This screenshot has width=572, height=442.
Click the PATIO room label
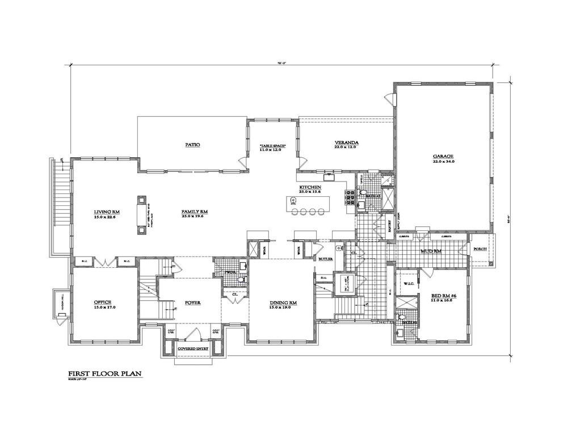pos(193,145)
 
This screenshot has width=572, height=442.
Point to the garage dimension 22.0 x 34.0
pos(443,162)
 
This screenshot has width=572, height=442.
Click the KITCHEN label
pos(310,187)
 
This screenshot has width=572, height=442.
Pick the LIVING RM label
pos(106,212)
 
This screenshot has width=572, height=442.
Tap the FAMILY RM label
pos(195,211)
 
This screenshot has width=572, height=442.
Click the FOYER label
pos(194,302)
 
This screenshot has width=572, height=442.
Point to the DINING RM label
pos(284,303)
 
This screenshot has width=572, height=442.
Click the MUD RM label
pos(431,250)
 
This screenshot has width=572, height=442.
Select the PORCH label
pos(480,248)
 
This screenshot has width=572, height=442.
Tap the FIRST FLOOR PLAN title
pos(105,374)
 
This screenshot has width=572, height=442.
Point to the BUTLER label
pos(325,259)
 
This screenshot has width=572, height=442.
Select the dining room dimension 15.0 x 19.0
pos(284,309)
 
